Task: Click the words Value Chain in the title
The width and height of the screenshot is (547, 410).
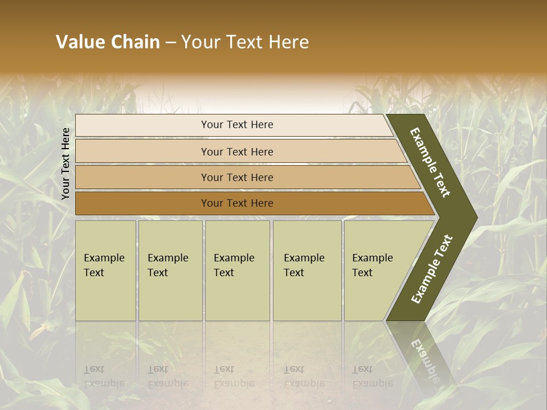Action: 108,42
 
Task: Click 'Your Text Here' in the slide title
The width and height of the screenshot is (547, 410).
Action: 245,42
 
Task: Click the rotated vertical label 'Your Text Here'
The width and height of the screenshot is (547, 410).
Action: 66,164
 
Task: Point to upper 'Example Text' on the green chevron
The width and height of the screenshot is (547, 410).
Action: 430,162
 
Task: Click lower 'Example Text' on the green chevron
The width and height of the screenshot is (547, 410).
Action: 432,269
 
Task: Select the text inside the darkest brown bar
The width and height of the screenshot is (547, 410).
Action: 237,203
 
